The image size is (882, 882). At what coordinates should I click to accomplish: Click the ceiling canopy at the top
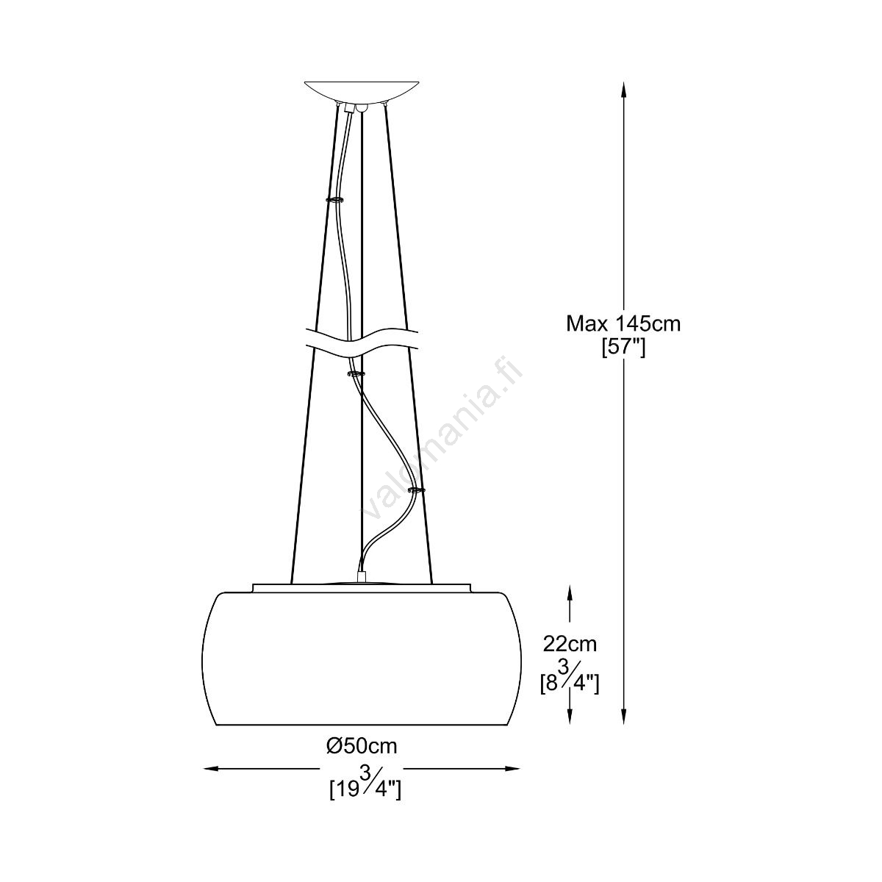(x=362, y=92)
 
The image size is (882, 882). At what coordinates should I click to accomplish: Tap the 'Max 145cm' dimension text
(x=623, y=324)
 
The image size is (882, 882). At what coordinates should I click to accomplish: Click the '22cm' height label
(x=570, y=644)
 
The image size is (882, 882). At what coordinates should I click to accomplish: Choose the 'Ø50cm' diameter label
(x=362, y=747)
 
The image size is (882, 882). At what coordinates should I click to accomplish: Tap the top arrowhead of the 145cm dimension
(x=623, y=90)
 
